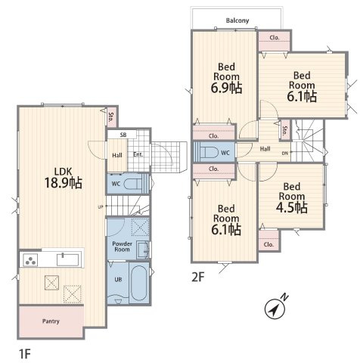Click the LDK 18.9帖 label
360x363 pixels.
pyautogui.click(x=64, y=178)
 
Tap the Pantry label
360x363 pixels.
pyautogui.click(x=51, y=321)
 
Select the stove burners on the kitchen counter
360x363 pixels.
pyautogui.click(x=30, y=260)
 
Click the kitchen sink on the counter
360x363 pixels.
pyautogui.click(x=67, y=260)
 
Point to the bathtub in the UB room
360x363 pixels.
pyautogui.click(x=138, y=283)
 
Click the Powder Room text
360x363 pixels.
pyautogui.click(x=122, y=247)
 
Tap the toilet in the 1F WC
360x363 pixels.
pyautogui.click(x=134, y=184)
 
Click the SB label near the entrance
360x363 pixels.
pyautogui.click(x=123, y=135)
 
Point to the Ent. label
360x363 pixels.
pyautogui.click(x=138, y=154)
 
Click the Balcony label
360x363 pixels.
pyautogui.click(x=237, y=20)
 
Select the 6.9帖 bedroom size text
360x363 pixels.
pyautogui.click(x=226, y=88)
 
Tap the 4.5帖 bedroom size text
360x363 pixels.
pyautogui.click(x=292, y=207)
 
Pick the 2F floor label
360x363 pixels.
pyautogui.click(x=197, y=278)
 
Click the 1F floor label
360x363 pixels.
pyautogui.click(x=25, y=354)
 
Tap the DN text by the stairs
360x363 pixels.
pyautogui.click(x=285, y=153)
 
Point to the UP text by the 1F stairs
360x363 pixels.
pyautogui.click(x=101, y=207)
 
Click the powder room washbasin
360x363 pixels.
pyautogui.click(x=143, y=250)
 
